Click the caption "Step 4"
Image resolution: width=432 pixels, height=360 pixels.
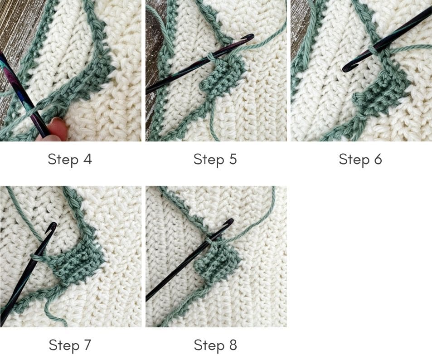pyautogui.click(x=70, y=160)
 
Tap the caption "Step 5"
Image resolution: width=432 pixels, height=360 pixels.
pyautogui.click(x=215, y=160)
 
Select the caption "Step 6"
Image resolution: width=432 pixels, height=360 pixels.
pyautogui.click(x=360, y=160)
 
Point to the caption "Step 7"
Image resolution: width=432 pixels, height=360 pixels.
pyautogui.click(x=70, y=345)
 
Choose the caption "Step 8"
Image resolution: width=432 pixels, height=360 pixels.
pyautogui.click(x=215, y=345)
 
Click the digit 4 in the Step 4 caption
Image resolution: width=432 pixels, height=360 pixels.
pyautogui.click(x=87, y=159)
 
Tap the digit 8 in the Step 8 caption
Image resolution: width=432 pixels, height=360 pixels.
pyautogui.click(x=233, y=345)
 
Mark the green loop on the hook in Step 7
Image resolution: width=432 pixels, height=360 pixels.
pyautogui.click(x=35, y=257)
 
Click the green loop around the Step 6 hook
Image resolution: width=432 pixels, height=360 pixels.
pyautogui.click(x=373, y=50)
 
